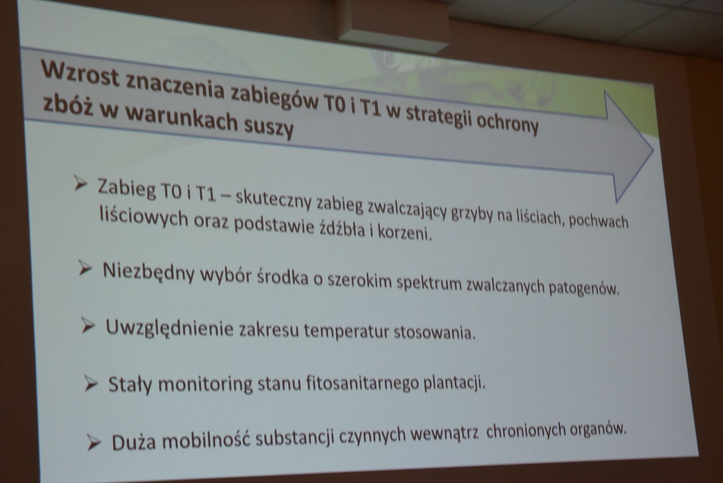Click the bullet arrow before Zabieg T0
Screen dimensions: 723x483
pos(80,184)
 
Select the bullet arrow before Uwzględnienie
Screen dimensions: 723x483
pos(88,326)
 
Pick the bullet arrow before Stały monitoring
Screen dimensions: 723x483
pos(91,384)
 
